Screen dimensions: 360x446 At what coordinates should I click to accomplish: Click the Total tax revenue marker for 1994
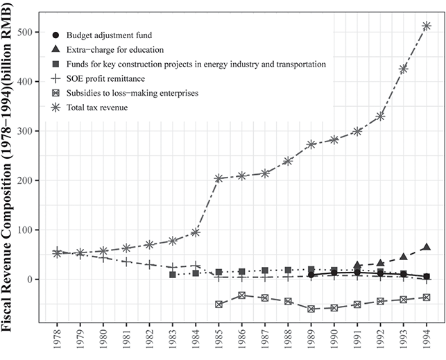(x=427, y=26)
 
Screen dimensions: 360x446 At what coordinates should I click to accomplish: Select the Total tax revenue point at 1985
(x=218, y=178)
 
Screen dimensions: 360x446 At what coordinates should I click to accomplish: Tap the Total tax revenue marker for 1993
(x=403, y=69)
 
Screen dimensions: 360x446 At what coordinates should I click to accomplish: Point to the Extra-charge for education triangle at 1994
(x=427, y=247)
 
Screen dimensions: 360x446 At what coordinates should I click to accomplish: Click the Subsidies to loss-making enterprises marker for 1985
(x=218, y=305)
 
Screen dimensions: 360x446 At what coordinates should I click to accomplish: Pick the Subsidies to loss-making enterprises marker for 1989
(x=311, y=309)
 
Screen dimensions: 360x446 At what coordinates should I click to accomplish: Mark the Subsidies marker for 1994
(x=427, y=297)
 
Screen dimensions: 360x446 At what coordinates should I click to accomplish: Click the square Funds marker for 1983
(x=173, y=275)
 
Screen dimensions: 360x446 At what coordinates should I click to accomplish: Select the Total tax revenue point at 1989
(x=311, y=144)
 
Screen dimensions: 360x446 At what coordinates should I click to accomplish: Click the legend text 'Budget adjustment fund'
(x=114, y=34)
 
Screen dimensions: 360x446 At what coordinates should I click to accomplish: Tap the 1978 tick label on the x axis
(x=58, y=341)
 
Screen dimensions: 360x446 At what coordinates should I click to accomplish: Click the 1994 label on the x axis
(x=427, y=341)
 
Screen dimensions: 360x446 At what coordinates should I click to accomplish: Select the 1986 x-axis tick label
(x=242, y=341)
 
